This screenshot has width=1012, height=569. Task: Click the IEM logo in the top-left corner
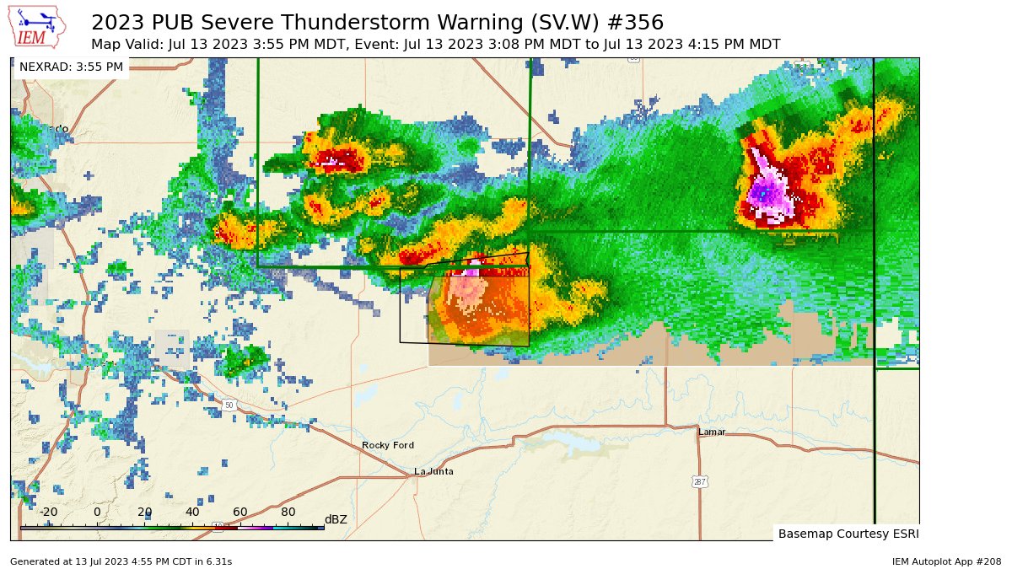click(39, 27)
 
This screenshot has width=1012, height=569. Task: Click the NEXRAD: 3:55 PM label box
click(71, 67)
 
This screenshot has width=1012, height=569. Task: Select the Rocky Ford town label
click(388, 445)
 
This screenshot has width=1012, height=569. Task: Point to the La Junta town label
click(433, 471)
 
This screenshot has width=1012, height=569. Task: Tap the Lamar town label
click(712, 432)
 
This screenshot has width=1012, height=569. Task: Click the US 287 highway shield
click(700, 481)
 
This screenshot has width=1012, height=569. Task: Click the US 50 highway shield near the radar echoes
click(229, 405)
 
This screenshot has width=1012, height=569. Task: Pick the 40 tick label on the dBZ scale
click(192, 512)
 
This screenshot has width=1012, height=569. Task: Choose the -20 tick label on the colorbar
click(48, 512)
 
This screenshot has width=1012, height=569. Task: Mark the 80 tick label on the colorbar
click(288, 512)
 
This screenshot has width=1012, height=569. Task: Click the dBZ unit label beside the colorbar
click(336, 519)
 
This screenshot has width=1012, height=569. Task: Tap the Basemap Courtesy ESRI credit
click(848, 534)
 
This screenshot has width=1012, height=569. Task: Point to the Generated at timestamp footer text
click(121, 561)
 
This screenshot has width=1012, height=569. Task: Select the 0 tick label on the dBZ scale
click(97, 512)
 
